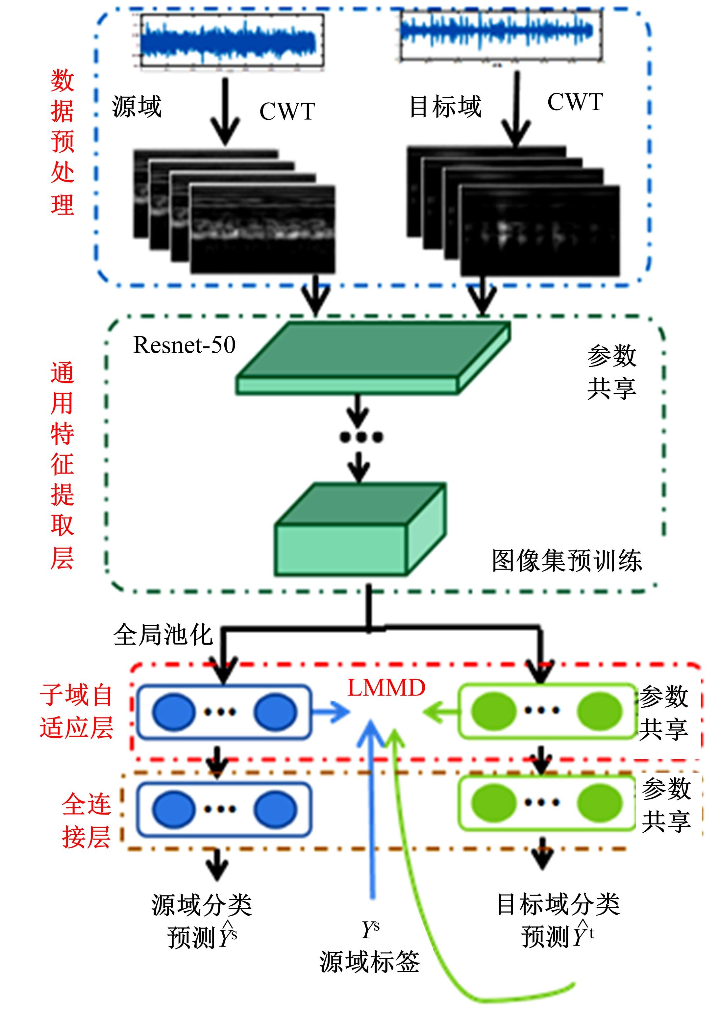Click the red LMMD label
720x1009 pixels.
386,688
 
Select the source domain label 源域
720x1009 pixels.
137,107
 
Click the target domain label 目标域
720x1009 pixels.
445,107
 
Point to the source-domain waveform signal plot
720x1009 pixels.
232,41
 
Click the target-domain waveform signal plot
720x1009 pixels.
501,34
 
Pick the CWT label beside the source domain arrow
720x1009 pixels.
287,111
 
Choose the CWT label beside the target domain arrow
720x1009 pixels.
575,102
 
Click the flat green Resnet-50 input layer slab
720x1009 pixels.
372,358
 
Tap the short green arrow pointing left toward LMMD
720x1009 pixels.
441,712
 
